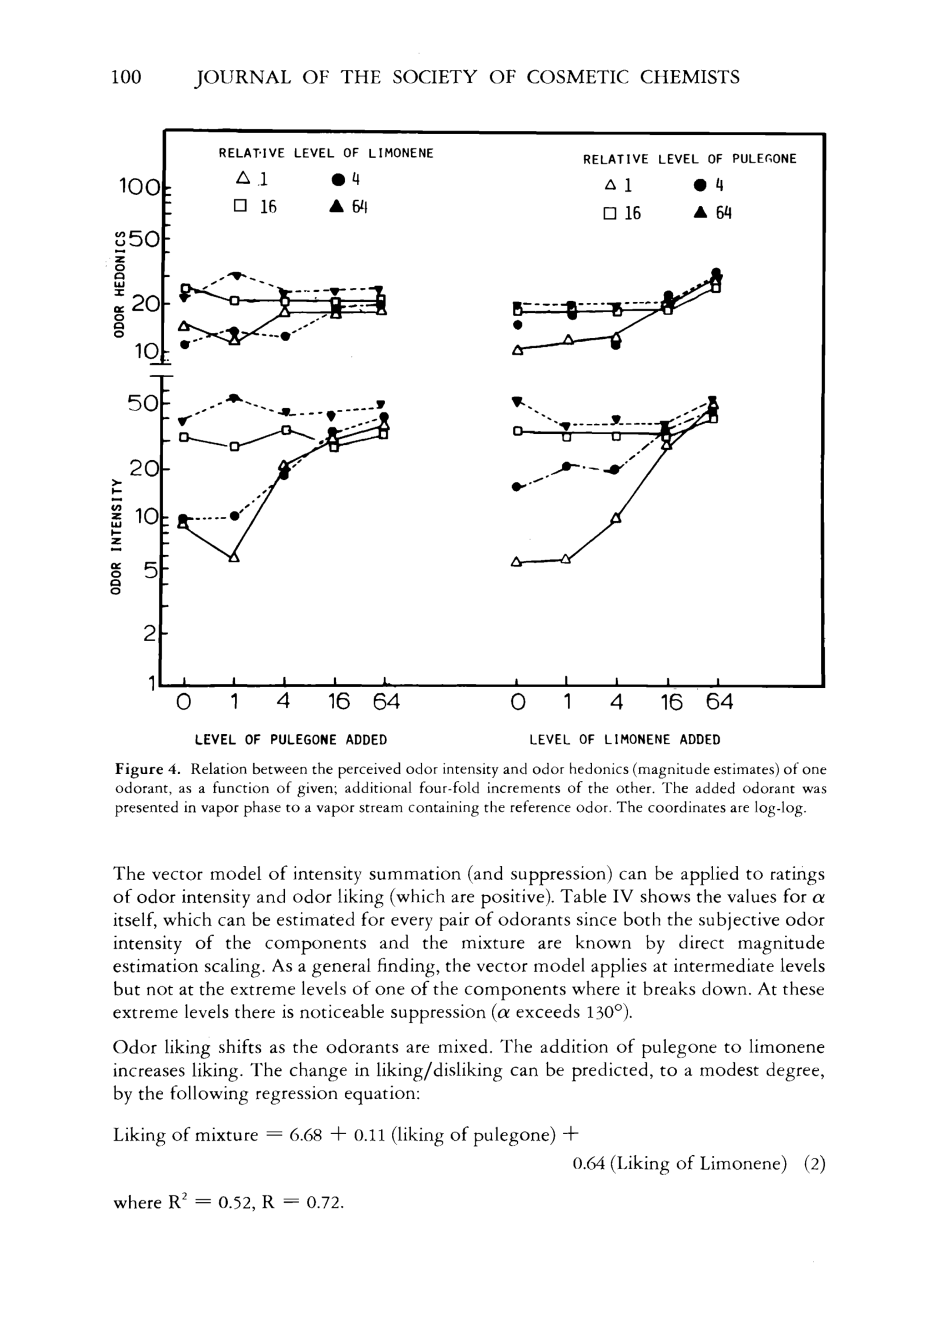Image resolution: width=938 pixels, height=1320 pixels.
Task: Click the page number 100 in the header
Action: pos(126,77)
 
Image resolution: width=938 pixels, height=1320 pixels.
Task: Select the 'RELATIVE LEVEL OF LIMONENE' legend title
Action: pos(325,153)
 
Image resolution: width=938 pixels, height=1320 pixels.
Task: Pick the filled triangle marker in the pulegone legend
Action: pos(700,212)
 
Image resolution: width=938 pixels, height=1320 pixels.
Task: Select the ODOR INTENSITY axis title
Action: pos(117,536)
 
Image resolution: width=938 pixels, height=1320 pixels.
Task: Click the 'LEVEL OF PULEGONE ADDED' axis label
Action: pos(290,740)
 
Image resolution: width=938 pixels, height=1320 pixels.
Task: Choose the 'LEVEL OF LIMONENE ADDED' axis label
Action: pos(624,740)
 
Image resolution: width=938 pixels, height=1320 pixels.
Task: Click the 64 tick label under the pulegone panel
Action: pos(385,702)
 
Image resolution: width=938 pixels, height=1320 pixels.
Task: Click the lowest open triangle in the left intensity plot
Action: pos(234,557)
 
